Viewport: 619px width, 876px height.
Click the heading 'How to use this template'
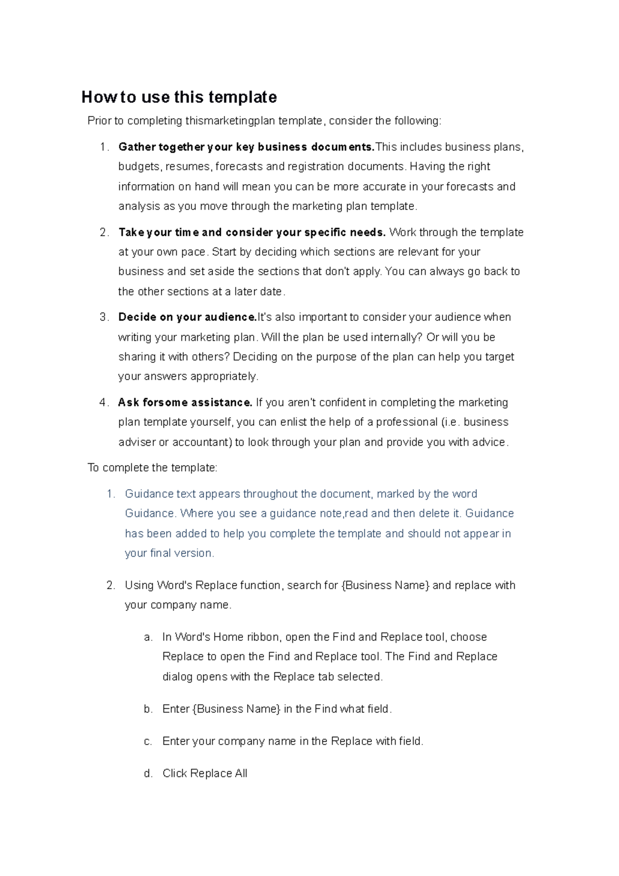[179, 97]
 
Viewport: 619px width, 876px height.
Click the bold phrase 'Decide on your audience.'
[187, 317]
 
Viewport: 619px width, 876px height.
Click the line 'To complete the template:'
[153, 468]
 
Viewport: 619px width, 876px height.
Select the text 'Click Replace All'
[205, 773]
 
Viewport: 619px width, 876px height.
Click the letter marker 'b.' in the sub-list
[149, 709]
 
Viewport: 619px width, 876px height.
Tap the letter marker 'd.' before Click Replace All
[149, 773]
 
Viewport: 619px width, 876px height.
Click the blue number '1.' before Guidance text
[110, 494]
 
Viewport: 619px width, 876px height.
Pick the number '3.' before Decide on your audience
[104, 317]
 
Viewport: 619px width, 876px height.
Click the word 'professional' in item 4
[406, 422]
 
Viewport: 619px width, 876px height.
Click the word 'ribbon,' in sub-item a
[264, 637]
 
